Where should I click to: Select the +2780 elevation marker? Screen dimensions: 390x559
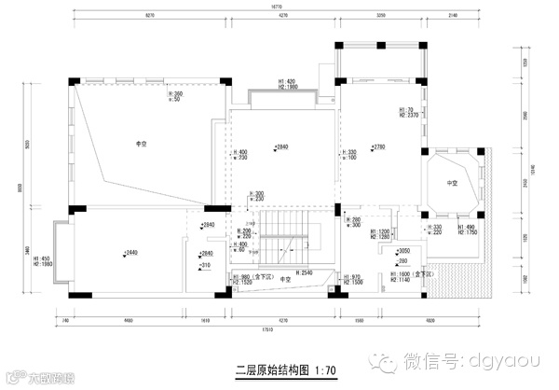click(377, 147)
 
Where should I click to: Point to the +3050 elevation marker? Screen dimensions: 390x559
click(403, 251)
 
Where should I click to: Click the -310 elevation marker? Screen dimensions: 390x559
click(205, 267)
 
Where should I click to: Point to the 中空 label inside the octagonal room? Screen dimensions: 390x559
click(453, 183)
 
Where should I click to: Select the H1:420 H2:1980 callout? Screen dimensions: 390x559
click(287, 85)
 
